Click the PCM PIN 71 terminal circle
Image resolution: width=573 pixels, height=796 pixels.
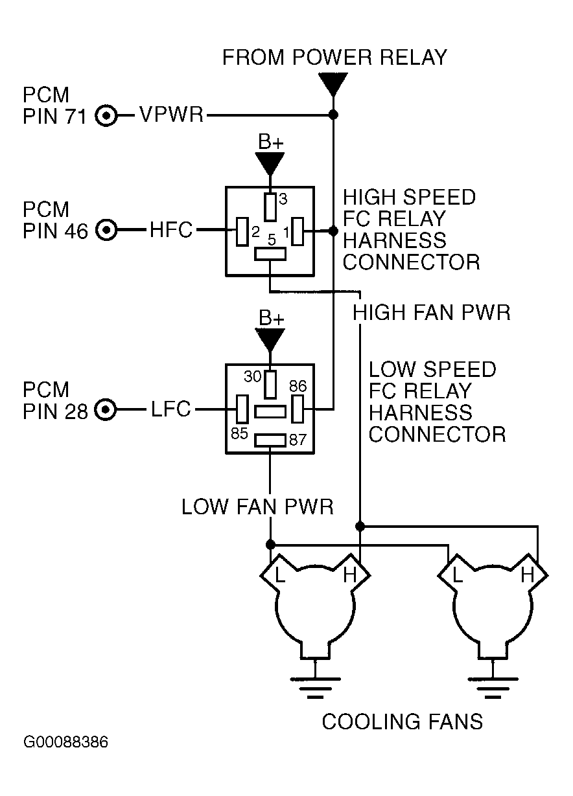(x=106, y=115)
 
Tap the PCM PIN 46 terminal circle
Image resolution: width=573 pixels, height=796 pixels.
(x=106, y=230)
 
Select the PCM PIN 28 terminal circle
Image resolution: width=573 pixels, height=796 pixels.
(x=105, y=410)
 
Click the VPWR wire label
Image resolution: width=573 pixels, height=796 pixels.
(x=171, y=115)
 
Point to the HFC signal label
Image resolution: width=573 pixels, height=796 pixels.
(x=171, y=229)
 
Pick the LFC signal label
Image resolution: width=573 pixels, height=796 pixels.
(x=171, y=409)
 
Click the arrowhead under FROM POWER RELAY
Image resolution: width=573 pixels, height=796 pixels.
(x=333, y=84)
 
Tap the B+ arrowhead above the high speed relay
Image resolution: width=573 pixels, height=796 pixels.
(x=270, y=164)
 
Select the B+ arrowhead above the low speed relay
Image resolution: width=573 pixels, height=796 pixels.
(x=270, y=340)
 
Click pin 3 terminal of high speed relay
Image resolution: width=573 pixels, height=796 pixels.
(x=270, y=207)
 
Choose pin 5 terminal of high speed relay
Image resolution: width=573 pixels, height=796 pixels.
(x=270, y=254)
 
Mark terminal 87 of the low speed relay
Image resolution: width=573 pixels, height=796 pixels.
(x=270, y=440)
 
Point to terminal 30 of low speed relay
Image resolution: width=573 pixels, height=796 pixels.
(x=270, y=385)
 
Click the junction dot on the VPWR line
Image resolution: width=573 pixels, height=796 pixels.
(x=333, y=115)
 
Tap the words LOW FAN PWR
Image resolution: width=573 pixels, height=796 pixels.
(x=257, y=506)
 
